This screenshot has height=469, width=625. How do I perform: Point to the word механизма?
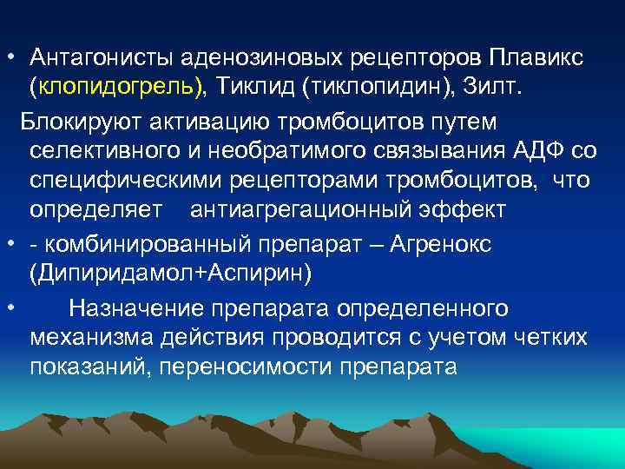[86, 337]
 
